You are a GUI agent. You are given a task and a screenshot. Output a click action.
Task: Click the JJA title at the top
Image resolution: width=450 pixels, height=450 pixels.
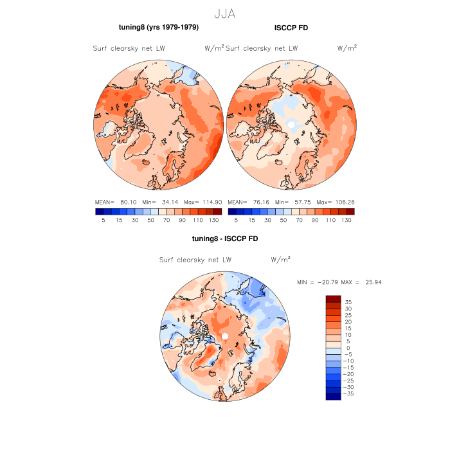[x=225, y=12]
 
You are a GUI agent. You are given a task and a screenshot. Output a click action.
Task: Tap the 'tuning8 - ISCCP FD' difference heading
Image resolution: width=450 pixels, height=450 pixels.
[x=224, y=239]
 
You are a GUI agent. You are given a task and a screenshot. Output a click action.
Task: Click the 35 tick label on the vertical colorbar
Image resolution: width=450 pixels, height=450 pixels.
[x=348, y=301]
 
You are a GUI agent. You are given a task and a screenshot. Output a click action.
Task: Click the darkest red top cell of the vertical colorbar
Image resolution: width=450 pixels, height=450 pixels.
[x=333, y=298]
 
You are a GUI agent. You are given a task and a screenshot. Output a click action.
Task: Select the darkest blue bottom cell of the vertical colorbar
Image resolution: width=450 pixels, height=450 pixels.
[x=333, y=396]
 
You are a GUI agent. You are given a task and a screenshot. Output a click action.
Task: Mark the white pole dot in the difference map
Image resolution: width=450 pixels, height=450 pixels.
[x=225, y=337]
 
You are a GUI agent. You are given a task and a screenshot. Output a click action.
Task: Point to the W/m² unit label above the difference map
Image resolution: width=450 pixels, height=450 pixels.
[x=281, y=260]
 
